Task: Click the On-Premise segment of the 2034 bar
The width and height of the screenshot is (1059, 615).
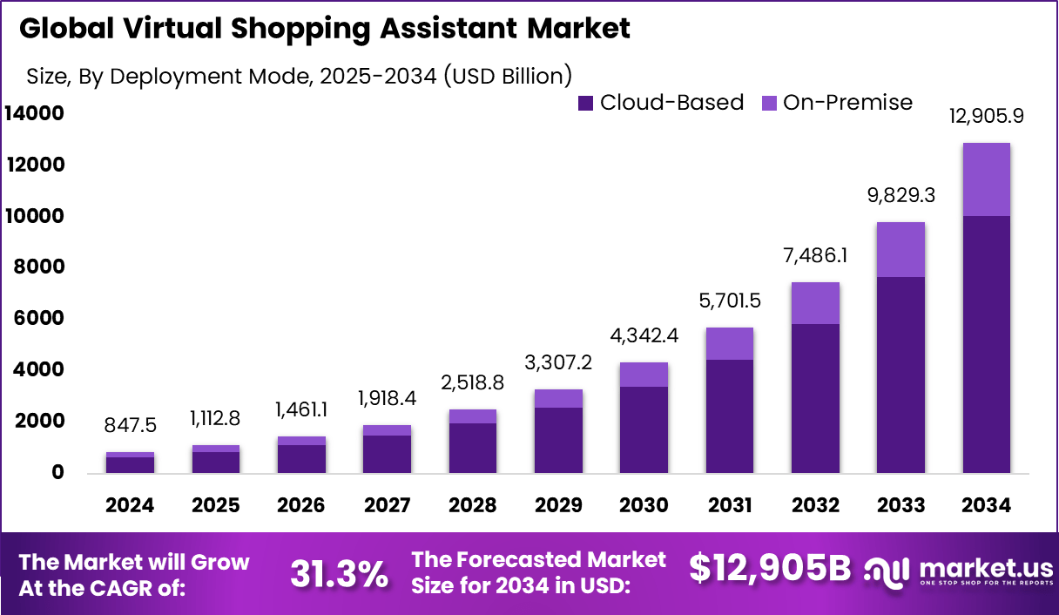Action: pos(986,179)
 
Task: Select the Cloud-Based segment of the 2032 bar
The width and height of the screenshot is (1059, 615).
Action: pos(815,398)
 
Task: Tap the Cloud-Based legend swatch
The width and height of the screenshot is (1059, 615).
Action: pos(585,103)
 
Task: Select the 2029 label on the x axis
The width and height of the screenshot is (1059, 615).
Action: pos(557,505)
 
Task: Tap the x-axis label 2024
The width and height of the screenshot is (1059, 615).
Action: pos(130,505)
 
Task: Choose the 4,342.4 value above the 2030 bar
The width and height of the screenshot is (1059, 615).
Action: pos(644,336)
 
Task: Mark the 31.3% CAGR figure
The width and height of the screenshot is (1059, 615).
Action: pos(339,573)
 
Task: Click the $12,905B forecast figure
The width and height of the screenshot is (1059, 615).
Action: pos(769,568)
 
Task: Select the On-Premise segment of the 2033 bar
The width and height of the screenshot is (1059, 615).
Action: pos(900,250)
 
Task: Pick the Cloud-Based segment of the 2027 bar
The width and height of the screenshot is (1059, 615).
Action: pos(387,454)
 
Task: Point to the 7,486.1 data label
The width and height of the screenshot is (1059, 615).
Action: pos(815,256)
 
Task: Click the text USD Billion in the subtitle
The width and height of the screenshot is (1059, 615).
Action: pos(509,76)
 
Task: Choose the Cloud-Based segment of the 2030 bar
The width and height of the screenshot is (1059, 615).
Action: pos(644,429)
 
